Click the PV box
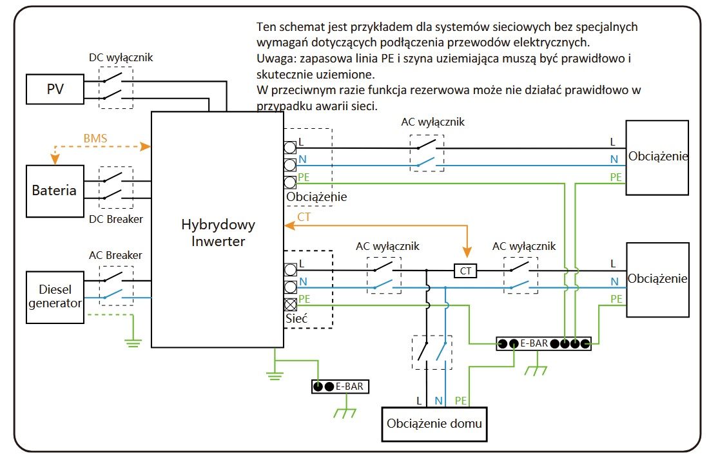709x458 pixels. coord(55,89)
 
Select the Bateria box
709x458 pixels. coord(55,191)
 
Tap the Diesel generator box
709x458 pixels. coord(55,297)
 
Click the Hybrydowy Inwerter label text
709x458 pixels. coord(218,233)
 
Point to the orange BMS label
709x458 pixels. coord(95,138)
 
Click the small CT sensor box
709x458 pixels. coord(465,271)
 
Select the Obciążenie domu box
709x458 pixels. coord(434,424)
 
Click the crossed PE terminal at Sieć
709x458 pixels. coord(290,304)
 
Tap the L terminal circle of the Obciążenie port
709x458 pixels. coord(290,148)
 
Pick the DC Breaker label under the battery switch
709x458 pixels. coord(116,219)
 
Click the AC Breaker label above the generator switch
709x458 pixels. coord(115,255)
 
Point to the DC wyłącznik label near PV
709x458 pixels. coord(121,58)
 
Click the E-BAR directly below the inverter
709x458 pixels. coord(340,386)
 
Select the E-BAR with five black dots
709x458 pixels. coord(543,343)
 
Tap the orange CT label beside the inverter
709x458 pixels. coord(304,217)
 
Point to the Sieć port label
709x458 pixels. coord(296,318)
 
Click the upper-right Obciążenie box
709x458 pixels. coord(657,158)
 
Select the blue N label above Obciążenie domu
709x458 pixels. coord(438,401)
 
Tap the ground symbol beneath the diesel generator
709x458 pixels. coord(133,343)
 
